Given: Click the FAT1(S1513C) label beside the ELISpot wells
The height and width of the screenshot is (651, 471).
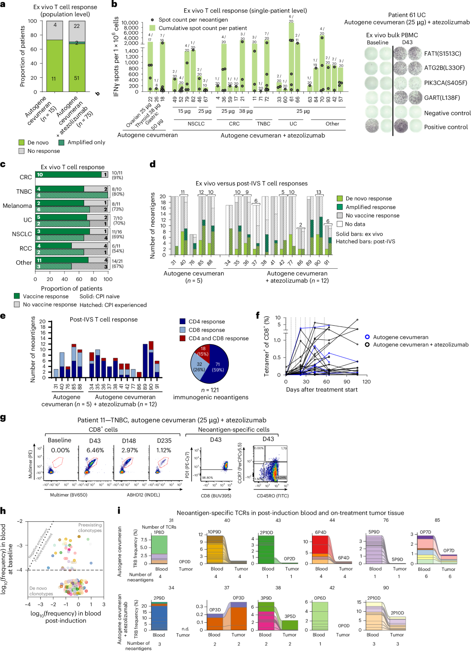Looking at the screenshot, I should point(442,53).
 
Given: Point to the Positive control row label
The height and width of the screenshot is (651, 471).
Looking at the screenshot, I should point(446,127).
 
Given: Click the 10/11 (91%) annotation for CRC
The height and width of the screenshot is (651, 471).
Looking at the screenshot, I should point(117,175).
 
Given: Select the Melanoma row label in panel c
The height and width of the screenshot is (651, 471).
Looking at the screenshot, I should point(17,205).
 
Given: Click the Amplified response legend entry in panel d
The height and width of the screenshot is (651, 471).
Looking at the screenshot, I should point(370,207).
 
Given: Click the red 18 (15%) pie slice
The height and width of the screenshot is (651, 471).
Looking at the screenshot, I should point(203,351).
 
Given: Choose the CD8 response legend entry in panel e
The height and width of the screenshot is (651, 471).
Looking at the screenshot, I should point(206,330).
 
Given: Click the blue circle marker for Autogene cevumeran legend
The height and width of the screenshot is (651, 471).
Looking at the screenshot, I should point(367,337).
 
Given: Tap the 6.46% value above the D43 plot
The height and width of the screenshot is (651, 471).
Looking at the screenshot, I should point(95,450).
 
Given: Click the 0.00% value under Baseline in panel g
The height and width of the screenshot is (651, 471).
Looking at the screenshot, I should point(60,450).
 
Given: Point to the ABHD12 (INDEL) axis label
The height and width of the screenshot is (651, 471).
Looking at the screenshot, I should point(143,495).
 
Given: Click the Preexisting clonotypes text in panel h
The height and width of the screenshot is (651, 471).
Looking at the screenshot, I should point(90,528).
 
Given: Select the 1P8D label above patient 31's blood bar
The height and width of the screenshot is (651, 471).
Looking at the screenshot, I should point(159,532).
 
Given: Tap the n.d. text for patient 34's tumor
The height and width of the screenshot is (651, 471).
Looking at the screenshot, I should point(185,629).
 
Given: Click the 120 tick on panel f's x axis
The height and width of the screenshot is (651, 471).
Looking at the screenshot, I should point(366,381).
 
